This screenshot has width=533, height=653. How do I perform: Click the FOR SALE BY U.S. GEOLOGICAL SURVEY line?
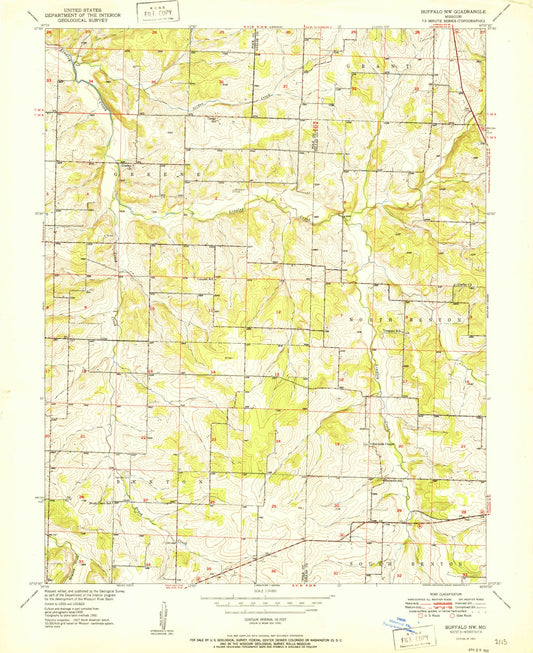[x=266, y=633]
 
